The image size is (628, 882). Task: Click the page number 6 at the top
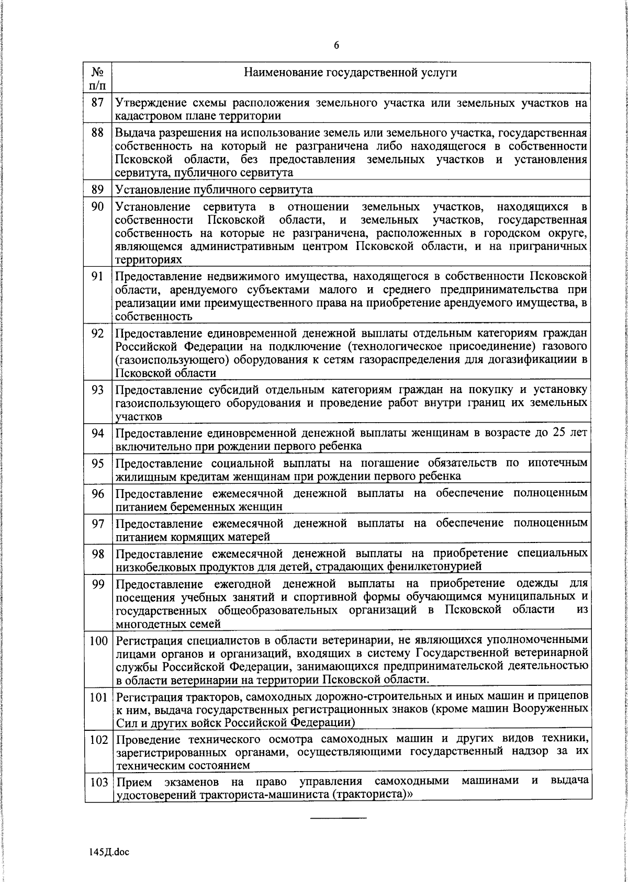pos(337,46)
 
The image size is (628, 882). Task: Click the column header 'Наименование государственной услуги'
pos(351,72)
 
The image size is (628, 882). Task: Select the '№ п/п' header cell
pos(98,77)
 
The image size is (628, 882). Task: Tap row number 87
pos(98,102)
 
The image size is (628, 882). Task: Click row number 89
pos(98,189)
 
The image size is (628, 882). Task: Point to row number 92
pos(98,333)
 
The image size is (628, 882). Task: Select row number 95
pos(98,463)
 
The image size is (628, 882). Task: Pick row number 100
pos(98,640)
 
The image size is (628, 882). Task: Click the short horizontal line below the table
pos(339,817)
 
